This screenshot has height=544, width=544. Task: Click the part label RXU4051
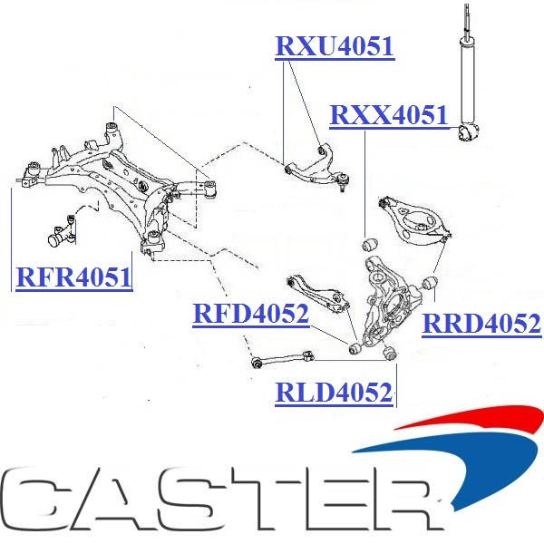335,46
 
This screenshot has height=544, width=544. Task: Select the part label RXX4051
389,116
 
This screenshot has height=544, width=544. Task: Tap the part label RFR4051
73,277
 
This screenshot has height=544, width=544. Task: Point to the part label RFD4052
251,315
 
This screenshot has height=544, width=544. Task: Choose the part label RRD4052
481,323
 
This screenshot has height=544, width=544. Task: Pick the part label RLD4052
335,393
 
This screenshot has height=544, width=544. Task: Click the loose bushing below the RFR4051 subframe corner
60,233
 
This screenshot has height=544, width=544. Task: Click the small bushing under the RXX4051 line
369,244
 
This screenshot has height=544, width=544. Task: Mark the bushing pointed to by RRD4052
431,287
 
